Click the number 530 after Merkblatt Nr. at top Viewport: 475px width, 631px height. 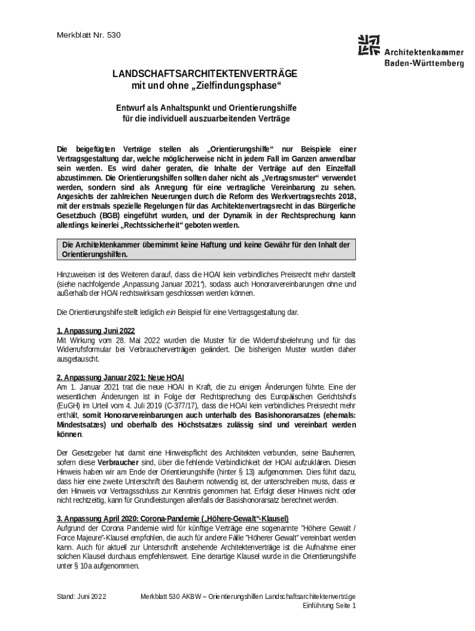coord(114,35)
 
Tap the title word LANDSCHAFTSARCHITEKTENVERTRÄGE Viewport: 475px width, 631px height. coord(204,73)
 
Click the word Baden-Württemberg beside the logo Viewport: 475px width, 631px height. coord(424,63)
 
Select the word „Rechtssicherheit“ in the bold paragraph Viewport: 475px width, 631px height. coord(154,225)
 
